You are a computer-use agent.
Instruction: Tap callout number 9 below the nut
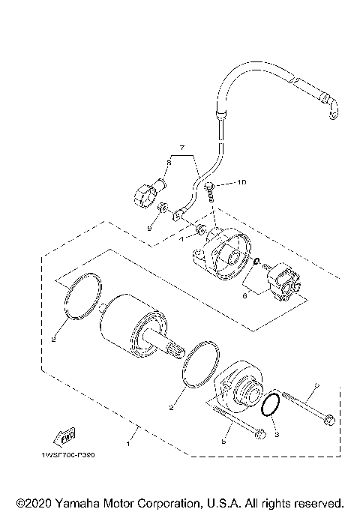click(x=149, y=226)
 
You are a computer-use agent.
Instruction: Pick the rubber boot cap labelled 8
click(x=141, y=198)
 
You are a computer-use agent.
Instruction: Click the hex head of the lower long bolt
click(x=258, y=433)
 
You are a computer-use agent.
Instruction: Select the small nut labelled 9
click(x=163, y=208)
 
